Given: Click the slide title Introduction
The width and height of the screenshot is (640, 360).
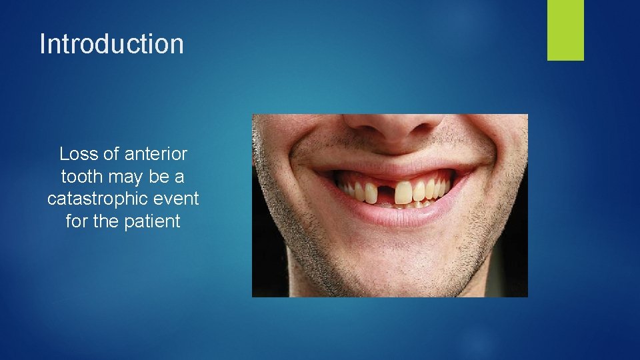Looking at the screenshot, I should (x=111, y=44).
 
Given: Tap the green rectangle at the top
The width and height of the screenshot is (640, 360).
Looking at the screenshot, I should (x=565, y=29).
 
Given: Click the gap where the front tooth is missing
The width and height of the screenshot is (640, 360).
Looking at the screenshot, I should (x=386, y=193).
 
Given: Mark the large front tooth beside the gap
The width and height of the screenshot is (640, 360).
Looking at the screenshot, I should (x=403, y=192).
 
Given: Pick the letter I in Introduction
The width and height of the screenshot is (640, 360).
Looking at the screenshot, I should (x=43, y=44).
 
